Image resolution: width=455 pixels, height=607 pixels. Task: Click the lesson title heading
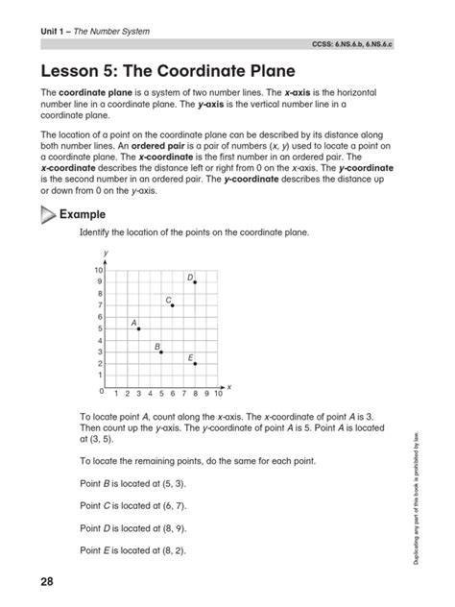tap(167, 71)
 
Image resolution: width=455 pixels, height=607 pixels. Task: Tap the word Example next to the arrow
tap(83, 214)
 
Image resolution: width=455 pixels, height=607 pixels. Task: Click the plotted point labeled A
tap(138, 329)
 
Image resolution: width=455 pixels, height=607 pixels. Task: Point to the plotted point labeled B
tap(161, 352)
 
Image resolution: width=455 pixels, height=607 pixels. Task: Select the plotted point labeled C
tap(173, 305)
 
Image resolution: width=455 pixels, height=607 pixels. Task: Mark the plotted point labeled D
tap(196, 282)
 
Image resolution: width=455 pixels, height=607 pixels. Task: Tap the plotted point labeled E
tap(196, 364)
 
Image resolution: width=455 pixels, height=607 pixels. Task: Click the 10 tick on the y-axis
tap(98, 271)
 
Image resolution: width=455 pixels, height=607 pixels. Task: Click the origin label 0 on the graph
tap(101, 393)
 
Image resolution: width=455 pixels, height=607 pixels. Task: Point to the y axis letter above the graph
tap(105, 252)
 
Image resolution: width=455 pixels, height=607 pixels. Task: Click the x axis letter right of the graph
tap(229, 386)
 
